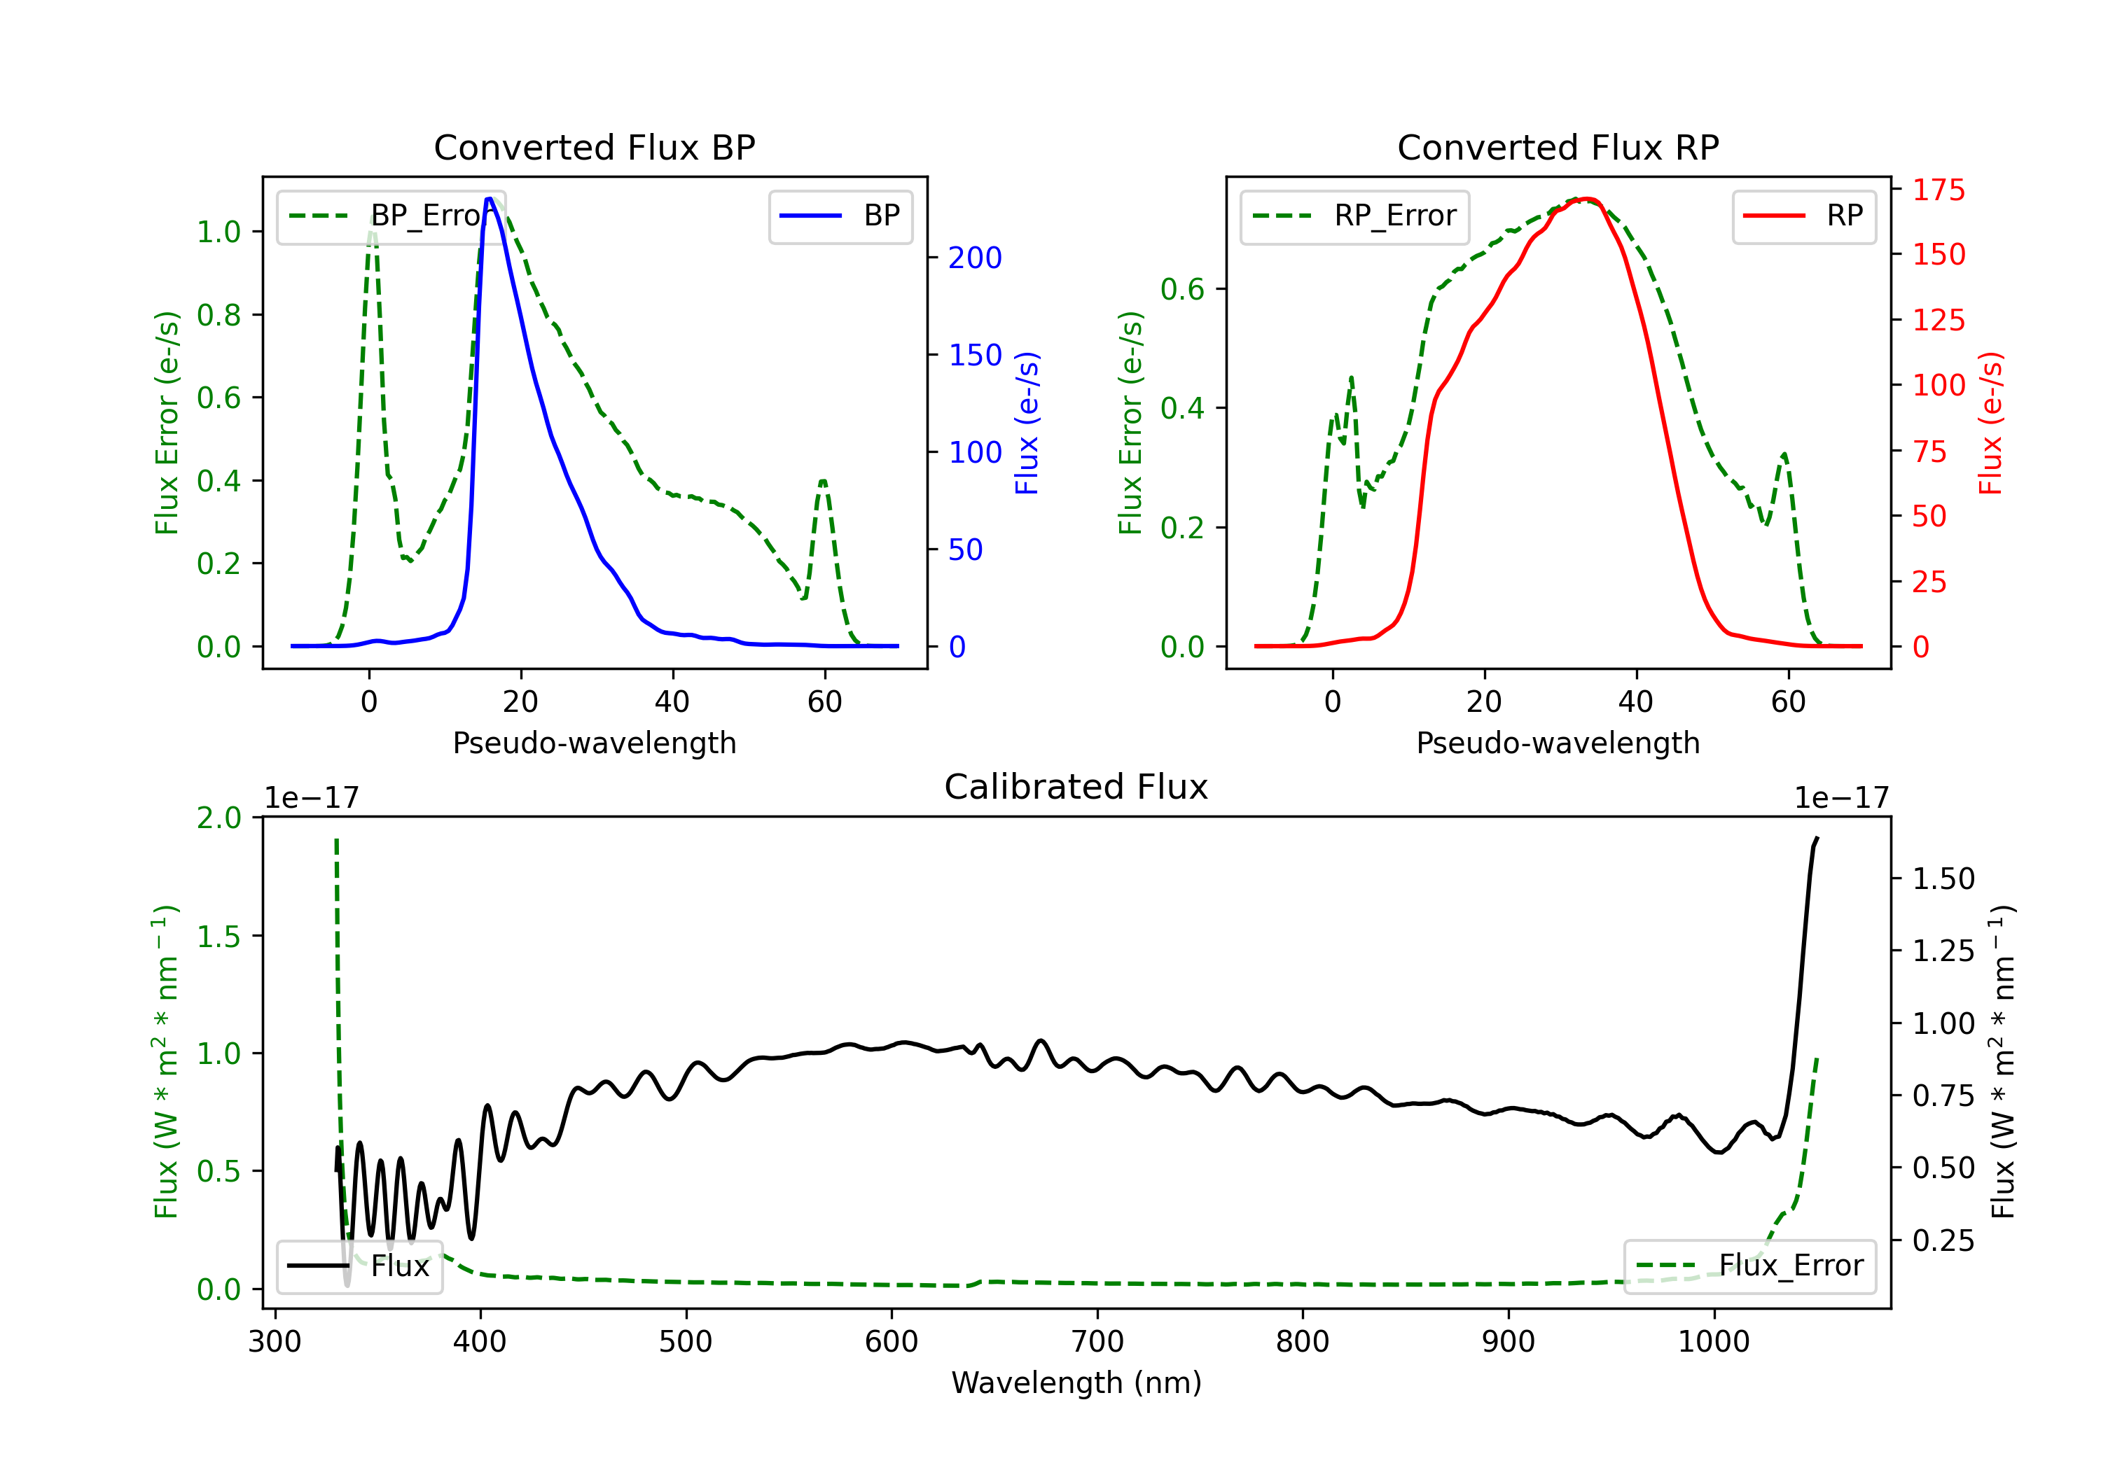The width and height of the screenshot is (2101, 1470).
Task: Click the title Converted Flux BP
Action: coord(595,147)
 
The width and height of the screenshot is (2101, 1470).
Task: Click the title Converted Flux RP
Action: coord(1558,147)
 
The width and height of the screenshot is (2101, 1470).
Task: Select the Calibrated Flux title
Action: coord(1076,787)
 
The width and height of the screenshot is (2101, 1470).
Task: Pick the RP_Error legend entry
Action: coord(1354,217)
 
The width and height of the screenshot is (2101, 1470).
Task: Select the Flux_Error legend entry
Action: coord(1749,1266)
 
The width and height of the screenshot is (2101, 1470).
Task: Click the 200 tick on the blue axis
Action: coord(976,258)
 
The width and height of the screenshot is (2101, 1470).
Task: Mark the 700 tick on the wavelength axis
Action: coord(1097,1342)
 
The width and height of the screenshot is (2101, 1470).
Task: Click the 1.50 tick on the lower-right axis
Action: coord(1943,879)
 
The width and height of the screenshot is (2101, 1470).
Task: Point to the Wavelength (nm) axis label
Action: coord(1076,1383)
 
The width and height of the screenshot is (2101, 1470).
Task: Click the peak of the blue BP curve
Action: coord(490,199)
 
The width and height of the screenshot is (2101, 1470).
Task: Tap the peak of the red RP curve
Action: coord(1588,199)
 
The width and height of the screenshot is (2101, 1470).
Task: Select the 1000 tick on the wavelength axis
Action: coord(1714,1342)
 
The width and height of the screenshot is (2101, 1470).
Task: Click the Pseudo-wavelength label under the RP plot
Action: coord(1558,743)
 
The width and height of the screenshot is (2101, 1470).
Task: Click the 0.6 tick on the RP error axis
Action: coord(1182,290)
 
